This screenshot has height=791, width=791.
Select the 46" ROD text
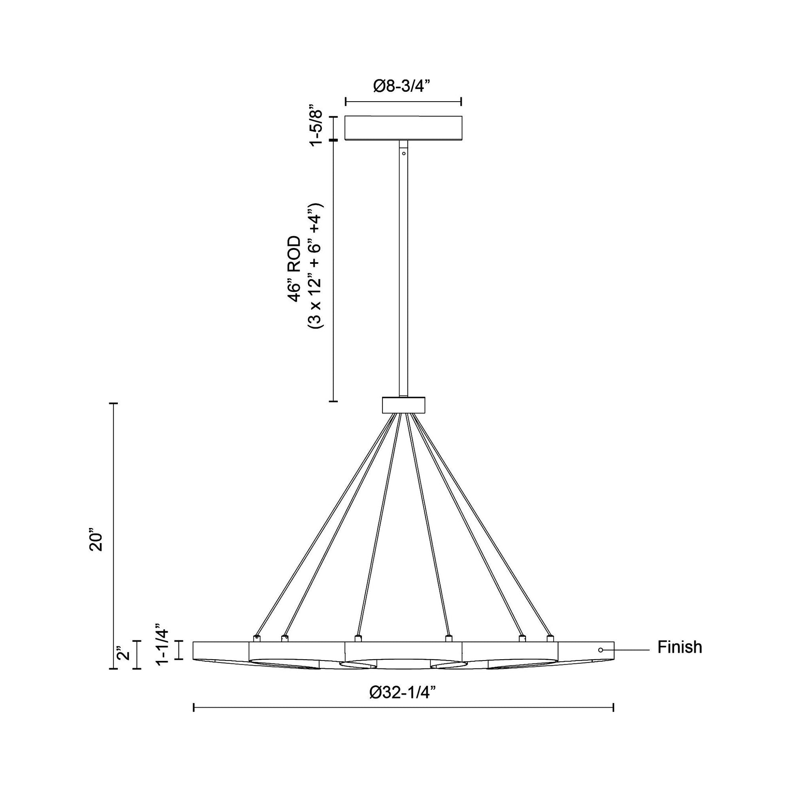click(x=293, y=269)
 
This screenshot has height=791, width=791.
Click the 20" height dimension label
click(x=97, y=542)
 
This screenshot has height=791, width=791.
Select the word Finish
click(x=680, y=647)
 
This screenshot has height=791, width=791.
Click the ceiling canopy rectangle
click(x=403, y=128)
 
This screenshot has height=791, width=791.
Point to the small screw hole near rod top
click(x=404, y=154)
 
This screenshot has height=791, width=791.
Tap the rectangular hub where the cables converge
click(x=403, y=405)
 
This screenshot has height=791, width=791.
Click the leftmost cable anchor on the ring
click(x=257, y=638)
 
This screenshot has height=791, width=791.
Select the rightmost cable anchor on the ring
click(x=550, y=638)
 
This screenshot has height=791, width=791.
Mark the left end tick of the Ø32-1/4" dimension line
click(x=193, y=708)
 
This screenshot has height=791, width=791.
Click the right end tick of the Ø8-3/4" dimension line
click(x=462, y=102)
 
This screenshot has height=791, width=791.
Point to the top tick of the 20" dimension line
click(x=113, y=404)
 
